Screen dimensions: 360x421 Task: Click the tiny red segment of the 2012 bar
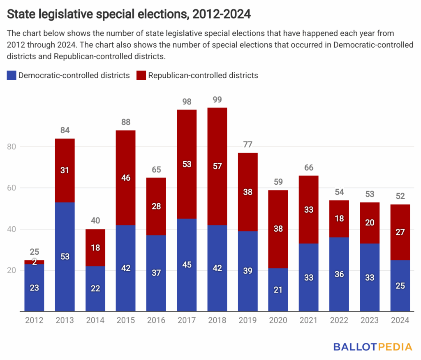coord(35,262)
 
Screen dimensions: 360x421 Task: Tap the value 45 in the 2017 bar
coord(187,265)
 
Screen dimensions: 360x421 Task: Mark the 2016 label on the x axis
coord(156,321)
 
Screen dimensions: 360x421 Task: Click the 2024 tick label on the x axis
coord(400,321)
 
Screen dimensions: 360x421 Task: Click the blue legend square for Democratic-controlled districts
coord(12,75)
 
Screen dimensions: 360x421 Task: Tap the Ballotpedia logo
coord(373,347)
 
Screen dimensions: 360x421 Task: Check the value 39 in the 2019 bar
coord(248,271)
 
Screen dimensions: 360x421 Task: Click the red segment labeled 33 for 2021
coord(309,210)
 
